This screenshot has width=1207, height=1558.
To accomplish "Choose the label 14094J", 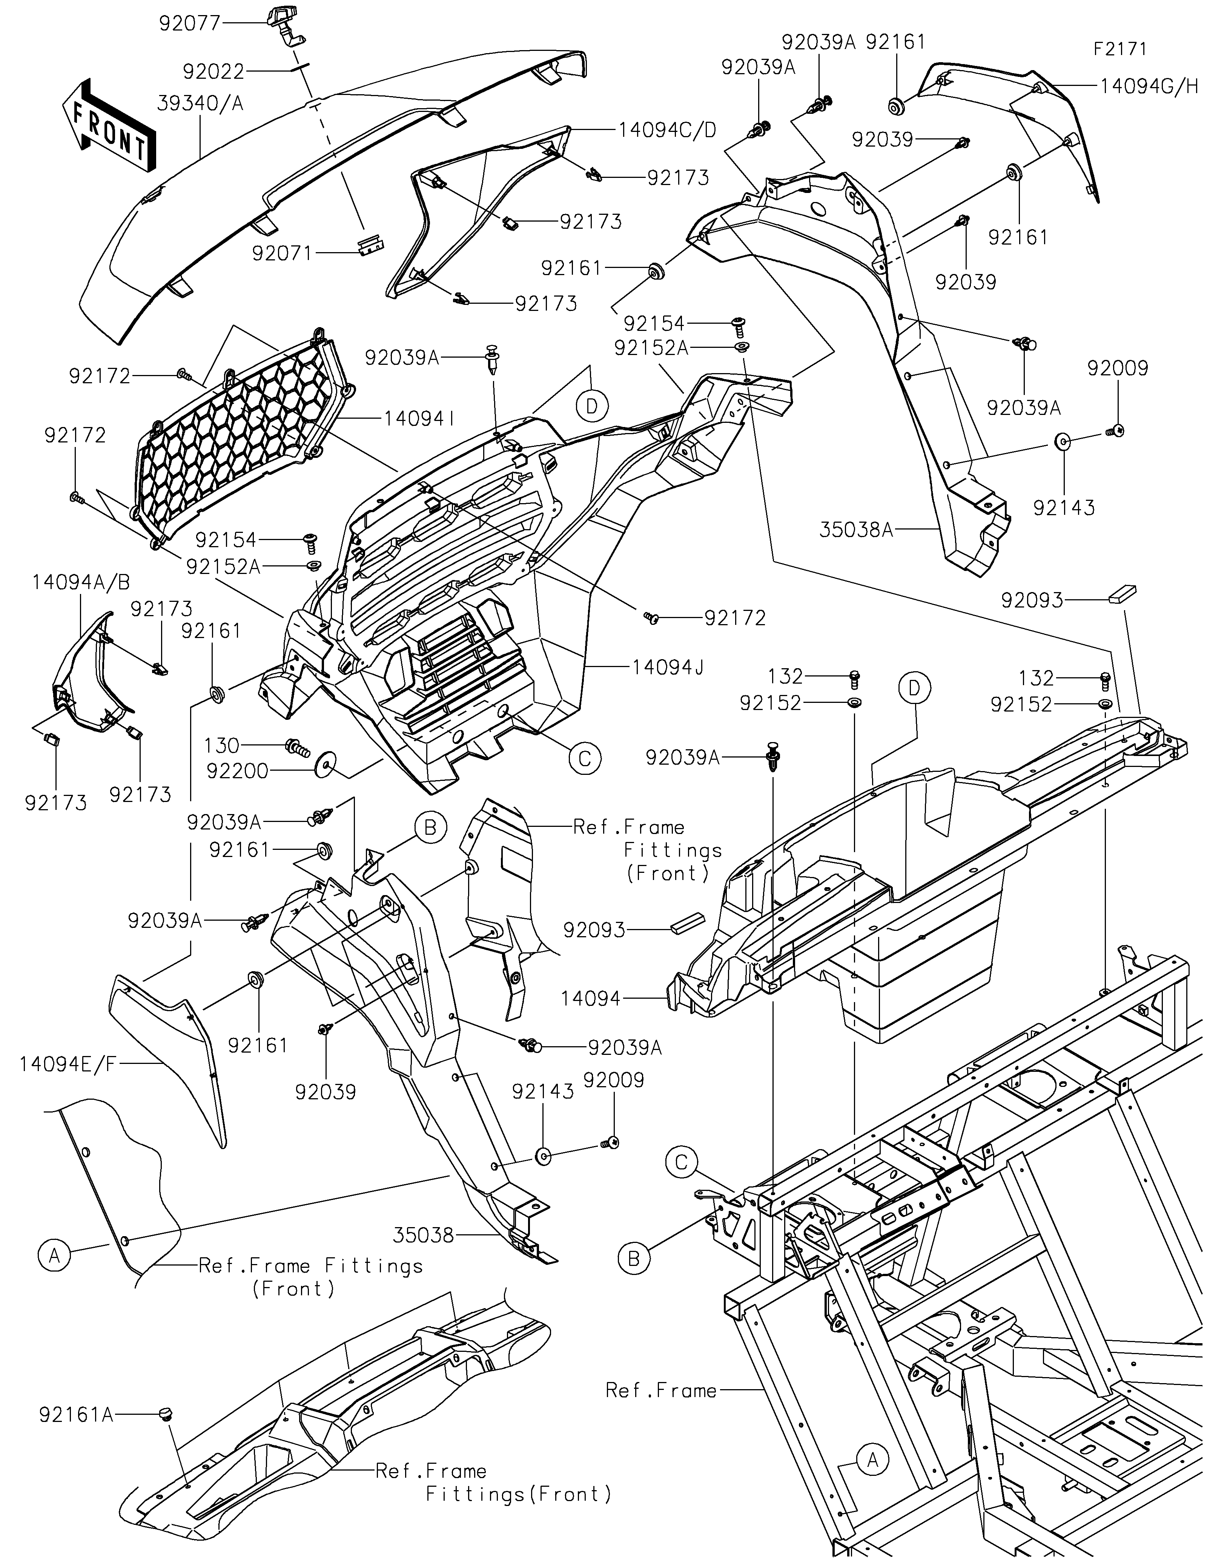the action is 667,667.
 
